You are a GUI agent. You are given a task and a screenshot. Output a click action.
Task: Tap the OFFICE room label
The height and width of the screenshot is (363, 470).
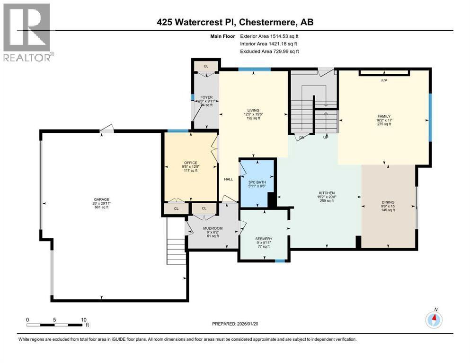point(191,163)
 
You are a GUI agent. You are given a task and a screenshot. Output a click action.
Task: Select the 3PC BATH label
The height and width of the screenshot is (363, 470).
point(257,182)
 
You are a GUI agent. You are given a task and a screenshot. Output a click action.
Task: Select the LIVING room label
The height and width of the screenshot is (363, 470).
point(253,111)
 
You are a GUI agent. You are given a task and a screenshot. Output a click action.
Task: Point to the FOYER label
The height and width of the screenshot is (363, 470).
point(205,97)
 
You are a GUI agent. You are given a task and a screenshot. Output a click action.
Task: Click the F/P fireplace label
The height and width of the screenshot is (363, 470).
point(384,81)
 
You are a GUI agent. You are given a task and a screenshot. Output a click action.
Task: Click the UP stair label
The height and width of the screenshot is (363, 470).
point(326,138)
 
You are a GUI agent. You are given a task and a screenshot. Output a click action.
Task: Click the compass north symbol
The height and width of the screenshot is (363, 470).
point(434,320)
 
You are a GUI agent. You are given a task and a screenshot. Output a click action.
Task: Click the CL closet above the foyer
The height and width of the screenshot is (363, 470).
point(206,66)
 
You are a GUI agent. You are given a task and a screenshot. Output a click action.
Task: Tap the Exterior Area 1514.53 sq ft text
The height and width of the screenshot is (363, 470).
point(269,36)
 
